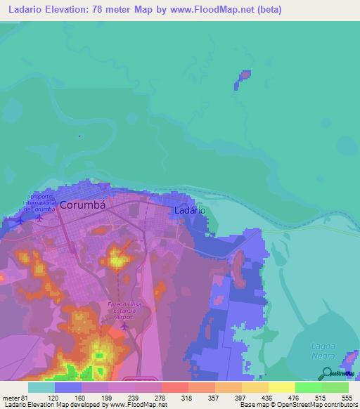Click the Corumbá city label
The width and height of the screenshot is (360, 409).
(x=82, y=205)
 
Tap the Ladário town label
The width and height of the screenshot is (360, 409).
(x=190, y=210)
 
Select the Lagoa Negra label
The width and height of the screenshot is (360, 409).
(x=324, y=350)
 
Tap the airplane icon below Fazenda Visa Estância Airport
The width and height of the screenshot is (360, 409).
(x=125, y=325)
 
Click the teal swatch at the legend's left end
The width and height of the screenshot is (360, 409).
(x=41, y=387)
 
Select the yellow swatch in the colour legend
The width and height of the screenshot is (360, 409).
(x=281, y=387)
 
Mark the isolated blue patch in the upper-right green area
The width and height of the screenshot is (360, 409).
(x=244, y=75)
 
